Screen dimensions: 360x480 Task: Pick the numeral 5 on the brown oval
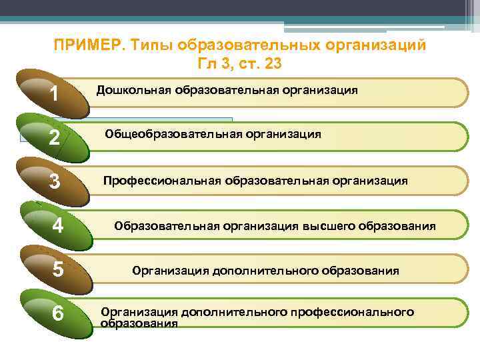pos(58,269)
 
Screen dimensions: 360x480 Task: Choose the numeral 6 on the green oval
pos(58,313)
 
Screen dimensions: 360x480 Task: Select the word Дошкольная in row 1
pos(133,89)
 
